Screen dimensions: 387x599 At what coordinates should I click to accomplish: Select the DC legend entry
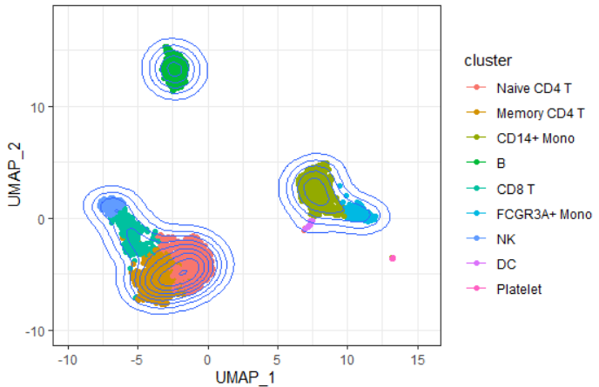504,264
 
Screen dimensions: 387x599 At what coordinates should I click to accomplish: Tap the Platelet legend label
519,289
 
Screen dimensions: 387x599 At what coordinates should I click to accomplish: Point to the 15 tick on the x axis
418,358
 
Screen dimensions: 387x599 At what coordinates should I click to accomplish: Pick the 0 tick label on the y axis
42,218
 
